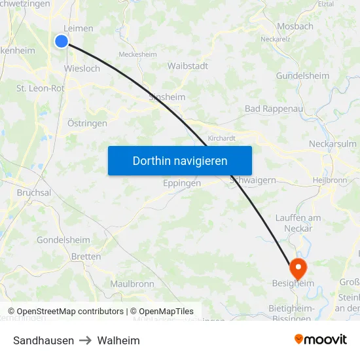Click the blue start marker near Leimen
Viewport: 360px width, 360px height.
coord(62,41)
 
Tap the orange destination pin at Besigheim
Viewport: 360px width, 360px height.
coord(297,266)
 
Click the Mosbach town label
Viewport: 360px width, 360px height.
coord(295,26)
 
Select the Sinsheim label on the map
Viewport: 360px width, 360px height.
coord(167,97)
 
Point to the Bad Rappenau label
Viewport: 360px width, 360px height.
coord(270,108)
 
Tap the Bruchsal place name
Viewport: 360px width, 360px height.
coord(34,193)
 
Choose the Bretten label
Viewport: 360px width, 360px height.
coord(86,257)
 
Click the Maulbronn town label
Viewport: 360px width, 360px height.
coord(132,283)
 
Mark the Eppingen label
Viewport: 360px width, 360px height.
coord(182,183)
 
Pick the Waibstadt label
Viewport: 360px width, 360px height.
coord(188,66)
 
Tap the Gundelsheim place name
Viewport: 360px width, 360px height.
coord(302,76)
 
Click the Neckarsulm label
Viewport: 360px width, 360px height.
coord(333,144)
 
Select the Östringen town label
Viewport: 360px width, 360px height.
coord(87,123)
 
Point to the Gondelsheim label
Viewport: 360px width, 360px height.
coord(63,240)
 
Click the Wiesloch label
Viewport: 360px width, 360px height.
coord(82,68)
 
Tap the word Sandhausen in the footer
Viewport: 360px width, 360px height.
coord(43,340)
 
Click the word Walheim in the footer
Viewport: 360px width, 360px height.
coord(118,340)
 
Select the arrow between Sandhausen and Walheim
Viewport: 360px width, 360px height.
coord(86,340)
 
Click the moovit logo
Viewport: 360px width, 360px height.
coord(321,339)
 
